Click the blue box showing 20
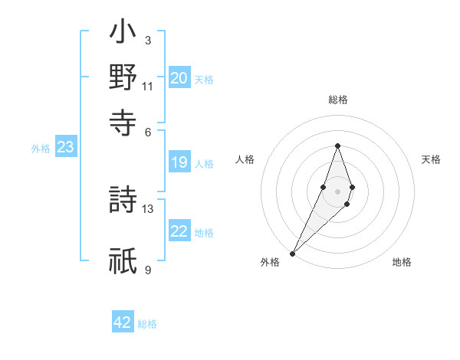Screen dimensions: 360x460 point(179,78)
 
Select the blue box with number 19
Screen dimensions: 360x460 point(179,162)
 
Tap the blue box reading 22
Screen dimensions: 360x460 point(179,232)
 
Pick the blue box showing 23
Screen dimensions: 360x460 point(65,148)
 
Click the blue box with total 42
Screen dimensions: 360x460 point(123,322)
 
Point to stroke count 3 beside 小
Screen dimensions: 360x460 point(148,40)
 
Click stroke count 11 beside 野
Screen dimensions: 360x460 point(148,86)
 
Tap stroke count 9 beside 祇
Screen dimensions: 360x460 point(148,270)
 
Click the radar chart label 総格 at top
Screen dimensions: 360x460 point(338,100)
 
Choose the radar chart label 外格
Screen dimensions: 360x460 point(270,263)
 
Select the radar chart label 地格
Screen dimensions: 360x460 point(402,263)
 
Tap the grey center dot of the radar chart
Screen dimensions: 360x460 point(338,191)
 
